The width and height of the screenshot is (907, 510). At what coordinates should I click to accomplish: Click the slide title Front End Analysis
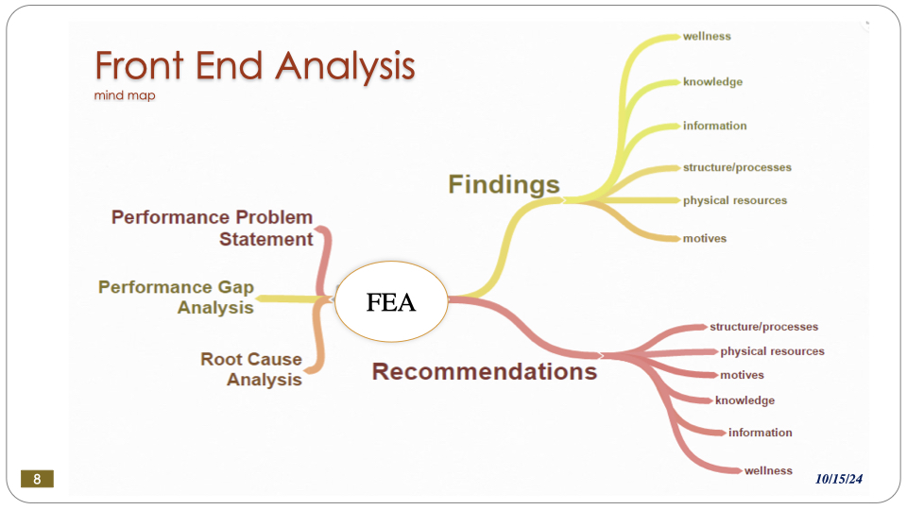[255, 66]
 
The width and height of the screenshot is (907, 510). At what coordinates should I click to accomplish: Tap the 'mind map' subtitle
[125, 95]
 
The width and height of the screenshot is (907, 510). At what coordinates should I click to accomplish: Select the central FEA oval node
[391, 302]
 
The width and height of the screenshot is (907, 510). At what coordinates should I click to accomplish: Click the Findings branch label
[504, 184]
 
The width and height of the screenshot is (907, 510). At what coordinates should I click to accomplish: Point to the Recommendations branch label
[485, 371]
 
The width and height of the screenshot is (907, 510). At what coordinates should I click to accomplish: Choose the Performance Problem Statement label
[213, 229]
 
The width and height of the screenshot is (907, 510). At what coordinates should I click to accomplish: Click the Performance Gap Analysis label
[177, 297]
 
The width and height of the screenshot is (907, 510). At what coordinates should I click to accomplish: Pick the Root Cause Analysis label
[251, 369]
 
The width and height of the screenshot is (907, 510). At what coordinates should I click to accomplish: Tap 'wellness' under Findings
[707, 37]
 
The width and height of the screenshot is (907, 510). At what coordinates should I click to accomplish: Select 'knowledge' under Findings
[712, 82]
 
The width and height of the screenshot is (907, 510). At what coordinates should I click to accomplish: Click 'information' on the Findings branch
[714, 126]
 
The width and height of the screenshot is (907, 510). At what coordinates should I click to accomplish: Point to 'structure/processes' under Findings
[737, 167]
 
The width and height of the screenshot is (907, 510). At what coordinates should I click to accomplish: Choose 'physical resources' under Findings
[734, 200]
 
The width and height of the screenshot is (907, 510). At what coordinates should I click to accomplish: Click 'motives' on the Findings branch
[705, 238]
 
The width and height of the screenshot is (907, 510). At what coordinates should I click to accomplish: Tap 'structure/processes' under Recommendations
[763, 327]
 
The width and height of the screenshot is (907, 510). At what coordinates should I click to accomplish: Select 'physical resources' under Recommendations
[772, 351]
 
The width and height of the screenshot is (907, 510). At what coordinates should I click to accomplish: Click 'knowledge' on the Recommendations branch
[744, 400]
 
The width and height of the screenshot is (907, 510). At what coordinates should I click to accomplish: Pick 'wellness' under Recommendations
[768, 470]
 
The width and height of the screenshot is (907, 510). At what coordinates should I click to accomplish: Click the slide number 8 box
[37, 479]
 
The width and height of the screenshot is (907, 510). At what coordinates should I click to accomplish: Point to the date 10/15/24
[839, 480]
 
